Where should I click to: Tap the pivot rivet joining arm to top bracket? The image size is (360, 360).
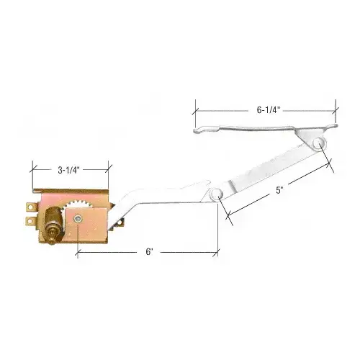pos(317,144)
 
